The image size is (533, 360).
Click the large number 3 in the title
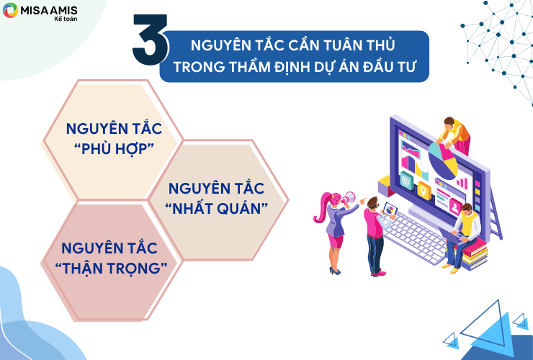click(x=150, y=40)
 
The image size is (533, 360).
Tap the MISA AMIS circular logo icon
click(x=10, y=10)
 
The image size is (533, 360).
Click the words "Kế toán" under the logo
click(x=66, y=19)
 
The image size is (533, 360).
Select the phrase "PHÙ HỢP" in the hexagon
click(x=115, y=148)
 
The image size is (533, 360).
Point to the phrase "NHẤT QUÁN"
click(x=217, y=208)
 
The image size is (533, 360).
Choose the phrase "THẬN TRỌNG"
click(x=111, y=269)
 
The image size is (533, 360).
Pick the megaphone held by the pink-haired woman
click(x=349, y=198)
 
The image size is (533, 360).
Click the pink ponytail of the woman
click(x=322, y=207)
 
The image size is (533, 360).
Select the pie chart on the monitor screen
click(x=443, y=161)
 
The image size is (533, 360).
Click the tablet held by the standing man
click(x=390, y=209)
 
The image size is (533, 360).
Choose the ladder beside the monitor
click(x=496, y=213)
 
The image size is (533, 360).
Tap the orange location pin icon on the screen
click(x=424, y=191)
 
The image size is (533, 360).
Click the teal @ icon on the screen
click(x=406, y=181)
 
